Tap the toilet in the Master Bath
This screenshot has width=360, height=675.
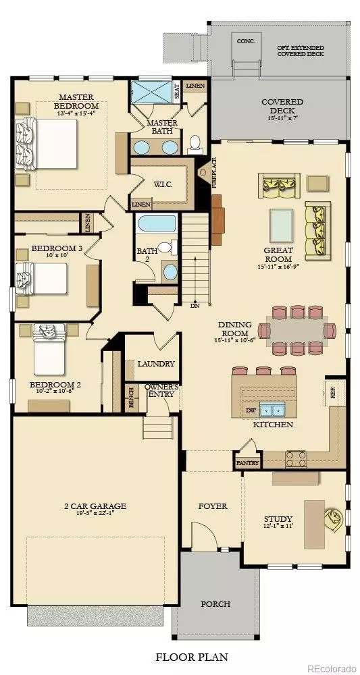click(195, 144)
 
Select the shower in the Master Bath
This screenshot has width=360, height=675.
click(152, 92)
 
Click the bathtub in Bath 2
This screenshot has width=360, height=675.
click(157, 224)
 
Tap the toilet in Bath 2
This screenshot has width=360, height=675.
click(165, 247)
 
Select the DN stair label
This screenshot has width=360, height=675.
click(195, 305)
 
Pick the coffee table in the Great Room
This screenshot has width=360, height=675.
click(282, 225)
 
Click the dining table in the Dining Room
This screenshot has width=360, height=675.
click(297, 330)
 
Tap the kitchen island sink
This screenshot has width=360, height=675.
click(272, 410)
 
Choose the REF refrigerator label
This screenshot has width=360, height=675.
click(332, 393)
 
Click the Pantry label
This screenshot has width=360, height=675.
click(248, 463)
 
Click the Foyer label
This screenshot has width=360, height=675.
click(213, 506)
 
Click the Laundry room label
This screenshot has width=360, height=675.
click(156, 364)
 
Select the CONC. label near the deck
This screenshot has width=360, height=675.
click(246, 41)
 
